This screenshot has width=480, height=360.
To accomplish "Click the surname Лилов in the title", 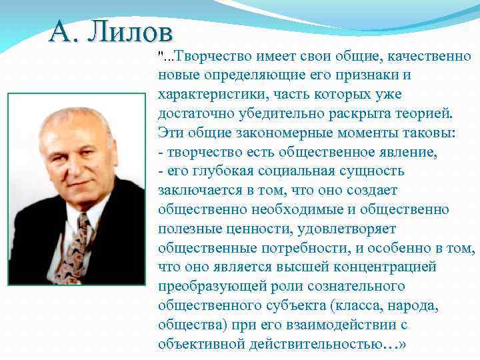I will click(x=133, y=32).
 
